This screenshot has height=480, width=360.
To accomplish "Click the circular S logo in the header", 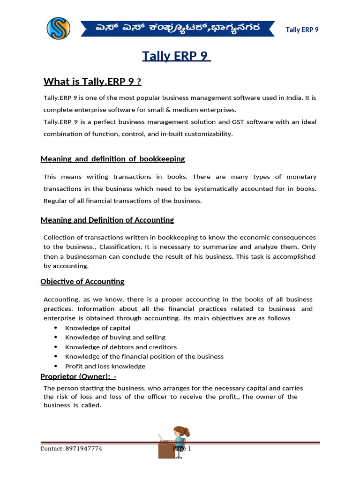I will tap(58, 28).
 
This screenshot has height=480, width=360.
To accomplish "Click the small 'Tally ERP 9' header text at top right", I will tap(302, 30).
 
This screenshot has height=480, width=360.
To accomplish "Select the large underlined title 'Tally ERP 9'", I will tap(177, 56).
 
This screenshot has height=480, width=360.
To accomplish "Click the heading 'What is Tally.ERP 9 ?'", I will tap(92, 82).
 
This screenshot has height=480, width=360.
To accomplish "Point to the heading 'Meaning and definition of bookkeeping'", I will tap(112, 159).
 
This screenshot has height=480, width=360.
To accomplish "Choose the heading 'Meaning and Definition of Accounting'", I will tap(107, 220).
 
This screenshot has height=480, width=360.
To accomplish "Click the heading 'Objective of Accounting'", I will tap(82, 282).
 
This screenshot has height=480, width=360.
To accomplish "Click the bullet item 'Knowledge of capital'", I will tap(97, 328).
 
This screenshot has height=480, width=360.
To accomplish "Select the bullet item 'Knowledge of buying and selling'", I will tap(115, 337).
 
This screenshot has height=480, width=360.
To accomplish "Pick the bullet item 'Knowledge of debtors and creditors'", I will tap(120, 347).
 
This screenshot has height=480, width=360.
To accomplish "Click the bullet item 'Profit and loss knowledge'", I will tap(105, 367).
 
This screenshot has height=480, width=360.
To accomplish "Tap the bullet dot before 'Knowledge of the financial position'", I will tap(56, 357).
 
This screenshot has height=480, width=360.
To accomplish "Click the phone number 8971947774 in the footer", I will tap(84, 449).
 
